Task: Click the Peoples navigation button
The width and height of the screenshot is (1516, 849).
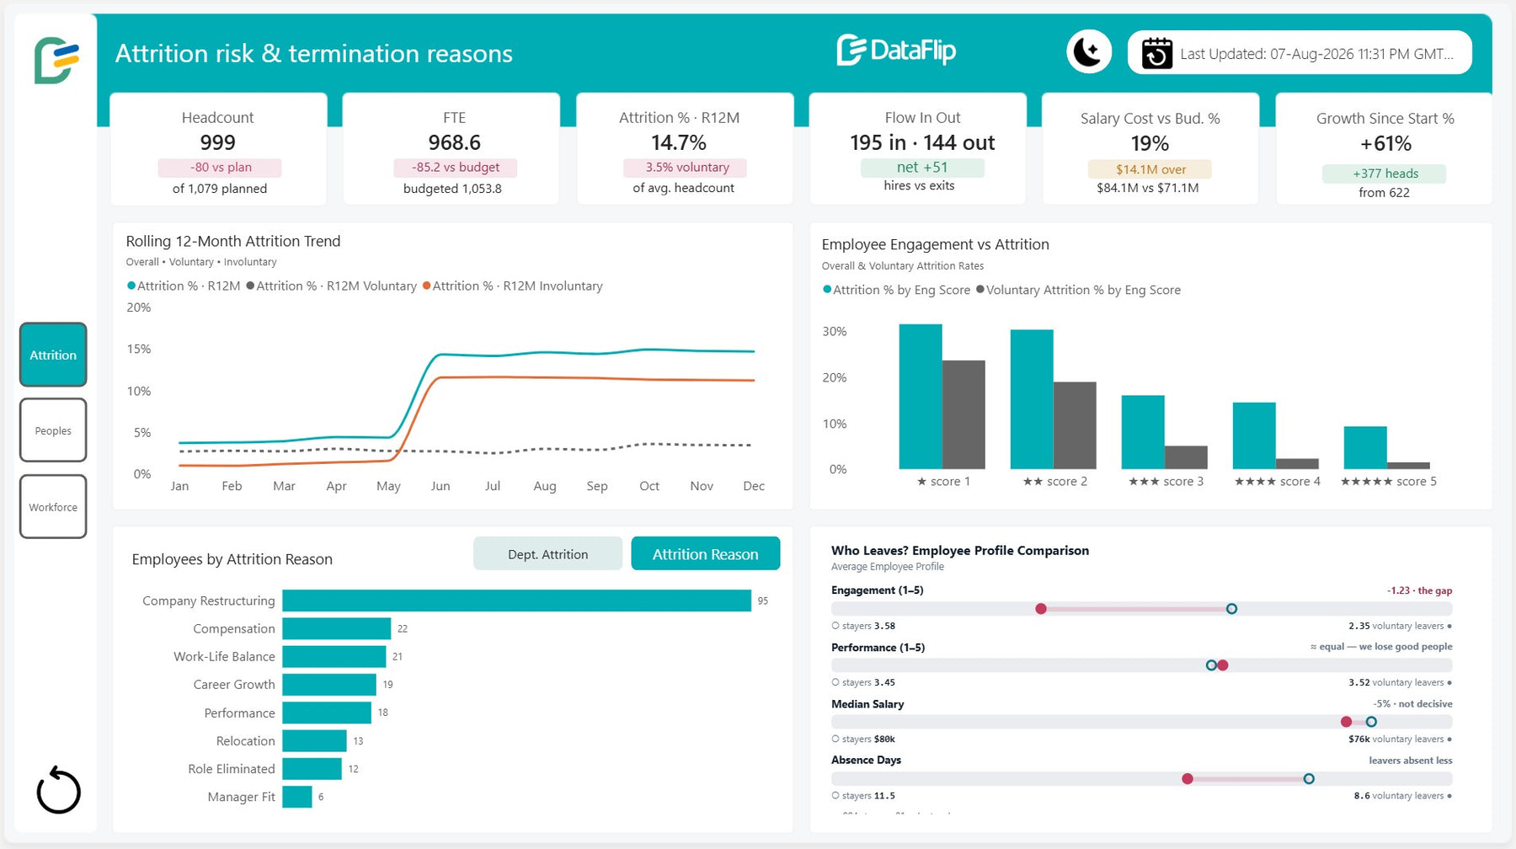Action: [x=53, y=430]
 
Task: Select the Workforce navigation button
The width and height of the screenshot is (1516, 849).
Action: [x=53, y=507]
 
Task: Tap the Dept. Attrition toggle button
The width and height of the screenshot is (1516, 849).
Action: [x=547, y=554]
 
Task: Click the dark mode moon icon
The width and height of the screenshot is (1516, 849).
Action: [x=1089, y=52]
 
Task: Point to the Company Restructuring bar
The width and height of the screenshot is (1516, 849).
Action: [x=516, y=601]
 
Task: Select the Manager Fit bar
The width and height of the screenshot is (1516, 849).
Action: [x=297, y=797]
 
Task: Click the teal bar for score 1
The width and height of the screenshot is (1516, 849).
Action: [x=921, y=397]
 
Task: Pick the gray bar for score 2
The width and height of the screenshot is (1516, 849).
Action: [x=1075, y=425]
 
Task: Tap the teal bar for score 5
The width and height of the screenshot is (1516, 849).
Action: [x=1365, y=447]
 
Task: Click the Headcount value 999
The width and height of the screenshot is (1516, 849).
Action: [x=218, y=143]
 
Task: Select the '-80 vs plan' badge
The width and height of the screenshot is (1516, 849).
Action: [x=220, y=168]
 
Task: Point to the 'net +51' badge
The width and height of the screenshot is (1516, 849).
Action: [x=922, y=168]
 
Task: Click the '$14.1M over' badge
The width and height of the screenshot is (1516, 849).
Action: [x=1150, y=169]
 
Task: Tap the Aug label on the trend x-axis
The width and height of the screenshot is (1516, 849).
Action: [x=545, y=486]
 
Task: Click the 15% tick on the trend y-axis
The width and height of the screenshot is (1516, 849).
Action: [x=139, y=349]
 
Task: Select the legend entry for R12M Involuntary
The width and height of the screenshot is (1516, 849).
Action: [x=513, y=286]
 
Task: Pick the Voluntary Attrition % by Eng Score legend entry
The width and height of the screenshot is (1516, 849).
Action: [x=1078, y=290]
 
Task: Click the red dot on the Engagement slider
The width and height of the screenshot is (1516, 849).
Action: [x=1041, y=609]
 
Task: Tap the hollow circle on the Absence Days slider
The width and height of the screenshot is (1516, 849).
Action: [x=1309, y=779]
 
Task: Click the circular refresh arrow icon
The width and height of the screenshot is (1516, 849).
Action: [x=58, y=790]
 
